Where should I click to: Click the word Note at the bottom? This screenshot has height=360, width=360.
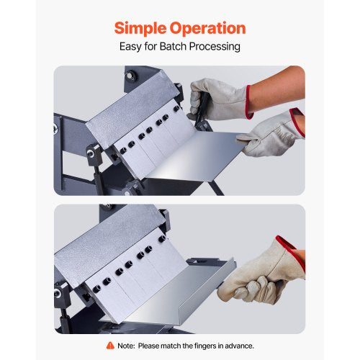[127, 346]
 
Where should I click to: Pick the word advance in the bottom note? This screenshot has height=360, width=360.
[239, 346]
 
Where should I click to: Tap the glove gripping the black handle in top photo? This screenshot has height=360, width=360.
[216, 97]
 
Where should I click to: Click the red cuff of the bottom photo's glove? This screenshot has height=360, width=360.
[289, 249]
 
